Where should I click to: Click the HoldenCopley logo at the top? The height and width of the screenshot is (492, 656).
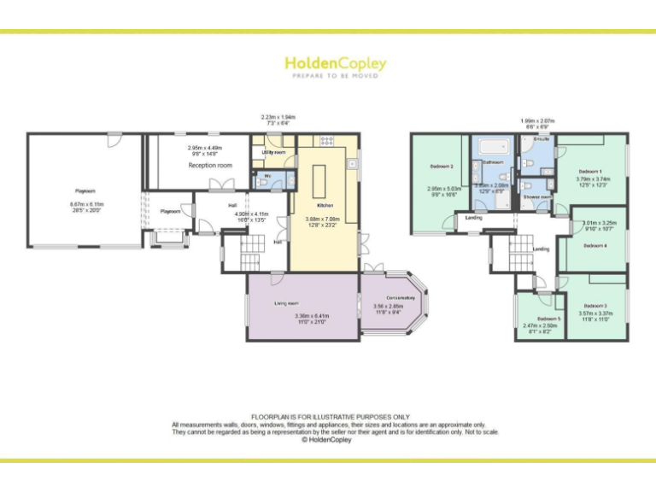pyautogui.click(x=335, y=65)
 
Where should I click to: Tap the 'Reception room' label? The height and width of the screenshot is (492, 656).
pyautogui.click(x=210, y=165)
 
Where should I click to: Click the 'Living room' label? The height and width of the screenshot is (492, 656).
pyautogui.click(x=286, y=303)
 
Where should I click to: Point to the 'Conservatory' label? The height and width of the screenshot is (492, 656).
pyautogui.click(x=394, y=297)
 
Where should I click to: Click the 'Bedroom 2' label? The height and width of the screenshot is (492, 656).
pyautogui.click(x=441, y=166)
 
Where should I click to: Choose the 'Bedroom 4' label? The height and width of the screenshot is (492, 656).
pyautogui.click(x=595, y=245)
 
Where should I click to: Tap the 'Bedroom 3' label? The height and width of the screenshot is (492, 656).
pyautogui.click(x=595, y=305)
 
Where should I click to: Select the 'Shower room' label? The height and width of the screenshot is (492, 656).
pyautogui.click(x=537, y=197)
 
